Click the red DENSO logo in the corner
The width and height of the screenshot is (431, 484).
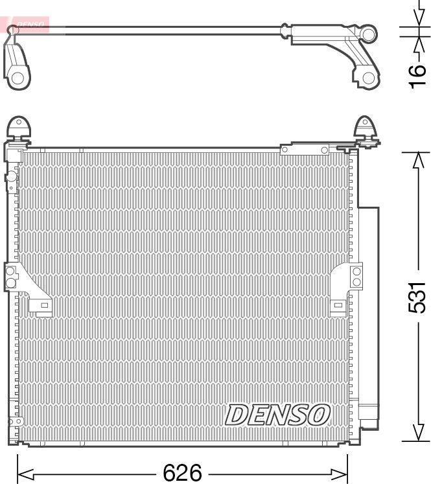coord(26,25)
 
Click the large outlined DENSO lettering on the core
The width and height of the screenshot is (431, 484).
coord(278,415)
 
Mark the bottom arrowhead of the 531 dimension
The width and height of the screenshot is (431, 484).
coord(417,435)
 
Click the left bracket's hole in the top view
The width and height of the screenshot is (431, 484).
coord(17,78)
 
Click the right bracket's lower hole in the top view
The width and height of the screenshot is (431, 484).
coord(367,78)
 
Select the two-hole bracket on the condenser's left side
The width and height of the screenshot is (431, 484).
coord(12,277)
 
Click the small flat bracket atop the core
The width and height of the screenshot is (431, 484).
coord(305,150)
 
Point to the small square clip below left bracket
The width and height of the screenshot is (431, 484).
coord(43,306)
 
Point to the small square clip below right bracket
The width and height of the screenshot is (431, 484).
coord(337,306)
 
